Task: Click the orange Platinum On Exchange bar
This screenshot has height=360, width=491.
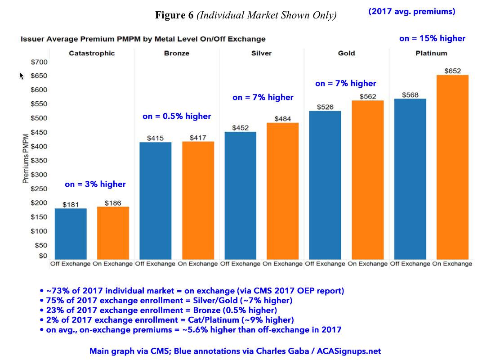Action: (x=452, y=166)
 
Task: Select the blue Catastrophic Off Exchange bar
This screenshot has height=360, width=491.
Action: (x=70, y=234)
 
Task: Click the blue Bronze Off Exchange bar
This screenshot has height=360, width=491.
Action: (x=155, y=200)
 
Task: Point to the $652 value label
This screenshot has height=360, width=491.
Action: (x=453, y=71)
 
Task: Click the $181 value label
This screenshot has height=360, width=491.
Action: (x=71, y=205)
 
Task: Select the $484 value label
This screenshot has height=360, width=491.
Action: (x=282, y=119)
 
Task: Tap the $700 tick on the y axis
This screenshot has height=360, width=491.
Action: (x=39, y=62)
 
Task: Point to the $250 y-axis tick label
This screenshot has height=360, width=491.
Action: (x=39, y=189)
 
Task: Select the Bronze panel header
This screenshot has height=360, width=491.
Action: (x=177, y=53)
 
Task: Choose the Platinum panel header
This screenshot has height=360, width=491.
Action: (x=431, y=53)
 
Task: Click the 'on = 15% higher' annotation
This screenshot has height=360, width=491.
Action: (x=432, y=39)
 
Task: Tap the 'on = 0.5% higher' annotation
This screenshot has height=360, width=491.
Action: (x=177, y=117)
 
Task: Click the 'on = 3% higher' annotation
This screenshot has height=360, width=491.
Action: (x=95, y=184)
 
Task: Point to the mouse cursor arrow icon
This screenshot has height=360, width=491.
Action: (x=21, y=76)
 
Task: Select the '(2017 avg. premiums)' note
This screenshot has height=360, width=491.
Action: (x=412, y=12)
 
